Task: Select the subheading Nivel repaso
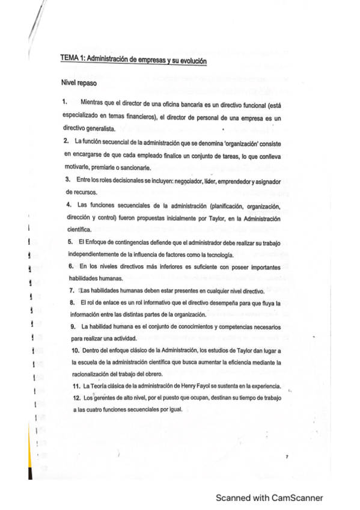click(78, 82)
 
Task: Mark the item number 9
click(73, 327)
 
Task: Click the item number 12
click(76, 398)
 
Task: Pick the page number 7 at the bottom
click(287, 458)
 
